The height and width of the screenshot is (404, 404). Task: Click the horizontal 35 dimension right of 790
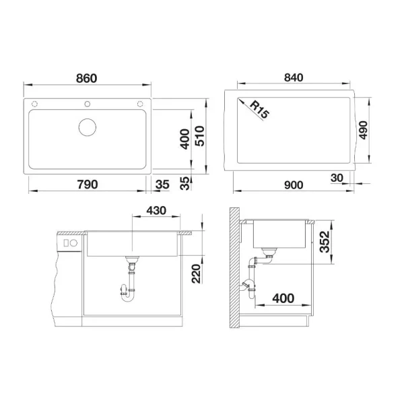pos(162,184)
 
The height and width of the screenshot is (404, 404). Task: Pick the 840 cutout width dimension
pos(292,78)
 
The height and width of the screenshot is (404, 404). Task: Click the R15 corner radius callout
pos(258,110)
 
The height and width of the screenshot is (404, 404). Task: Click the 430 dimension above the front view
pos(156,211)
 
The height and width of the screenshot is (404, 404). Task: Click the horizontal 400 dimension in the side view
pos(283,296)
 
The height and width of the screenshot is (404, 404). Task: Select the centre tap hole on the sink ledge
pos(88,103)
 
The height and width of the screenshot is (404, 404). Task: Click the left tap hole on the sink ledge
pos(35,103)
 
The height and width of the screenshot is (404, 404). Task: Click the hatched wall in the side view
pos(233,269)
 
